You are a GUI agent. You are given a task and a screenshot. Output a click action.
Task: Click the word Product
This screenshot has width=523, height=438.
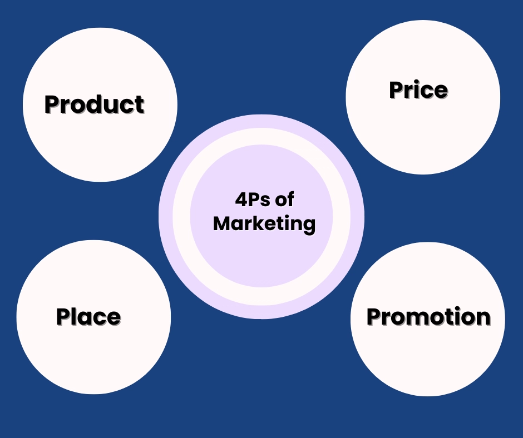coord(95,104)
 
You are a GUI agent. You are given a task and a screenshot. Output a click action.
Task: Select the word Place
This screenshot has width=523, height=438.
coord(88,316)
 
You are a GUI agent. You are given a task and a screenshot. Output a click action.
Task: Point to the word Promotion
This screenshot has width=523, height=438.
coord(428,316)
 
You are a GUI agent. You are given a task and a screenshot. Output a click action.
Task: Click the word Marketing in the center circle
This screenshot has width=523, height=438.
coord(264,223)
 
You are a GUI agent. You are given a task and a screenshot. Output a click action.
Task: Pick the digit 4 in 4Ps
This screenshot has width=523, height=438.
coord(241,200)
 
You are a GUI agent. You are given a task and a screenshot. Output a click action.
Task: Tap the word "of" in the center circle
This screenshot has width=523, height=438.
coord(284,200)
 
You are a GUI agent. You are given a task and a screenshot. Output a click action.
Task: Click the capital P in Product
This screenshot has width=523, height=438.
coord(52,104)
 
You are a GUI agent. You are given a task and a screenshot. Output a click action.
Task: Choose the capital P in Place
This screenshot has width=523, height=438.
coord(64,316)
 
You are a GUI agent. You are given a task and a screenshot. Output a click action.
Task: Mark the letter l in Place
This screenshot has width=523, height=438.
coord(77,316)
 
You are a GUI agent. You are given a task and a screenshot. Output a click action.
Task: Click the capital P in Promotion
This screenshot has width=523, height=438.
coord(374,316)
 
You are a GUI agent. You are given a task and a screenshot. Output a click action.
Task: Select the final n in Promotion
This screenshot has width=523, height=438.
coord(483,318)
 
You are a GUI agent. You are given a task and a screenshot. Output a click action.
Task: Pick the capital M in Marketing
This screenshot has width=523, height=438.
coord(221,223)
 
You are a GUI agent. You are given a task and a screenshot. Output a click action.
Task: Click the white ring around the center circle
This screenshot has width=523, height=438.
coord(261,136)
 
